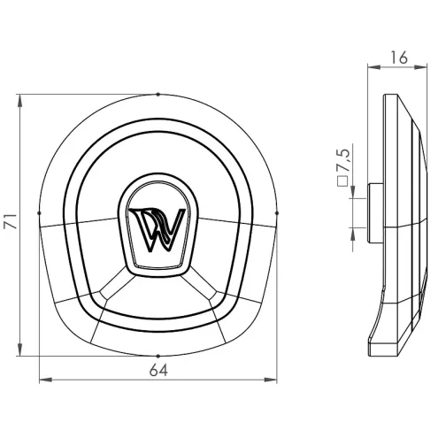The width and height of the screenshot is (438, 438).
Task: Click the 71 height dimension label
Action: point(11,221)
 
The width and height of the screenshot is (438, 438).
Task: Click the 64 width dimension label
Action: point(158,370)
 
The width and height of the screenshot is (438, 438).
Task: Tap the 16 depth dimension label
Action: point(399,58)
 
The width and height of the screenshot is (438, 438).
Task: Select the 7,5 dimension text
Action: point(342,161)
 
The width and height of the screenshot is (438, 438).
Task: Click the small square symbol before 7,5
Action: point(342,181)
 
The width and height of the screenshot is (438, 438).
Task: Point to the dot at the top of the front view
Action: point(158,95)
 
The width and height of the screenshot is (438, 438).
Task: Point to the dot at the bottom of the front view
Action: point(158,356)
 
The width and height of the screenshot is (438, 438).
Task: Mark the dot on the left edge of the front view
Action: point(39,212)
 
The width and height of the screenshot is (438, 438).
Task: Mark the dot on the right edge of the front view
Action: point(277,212)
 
